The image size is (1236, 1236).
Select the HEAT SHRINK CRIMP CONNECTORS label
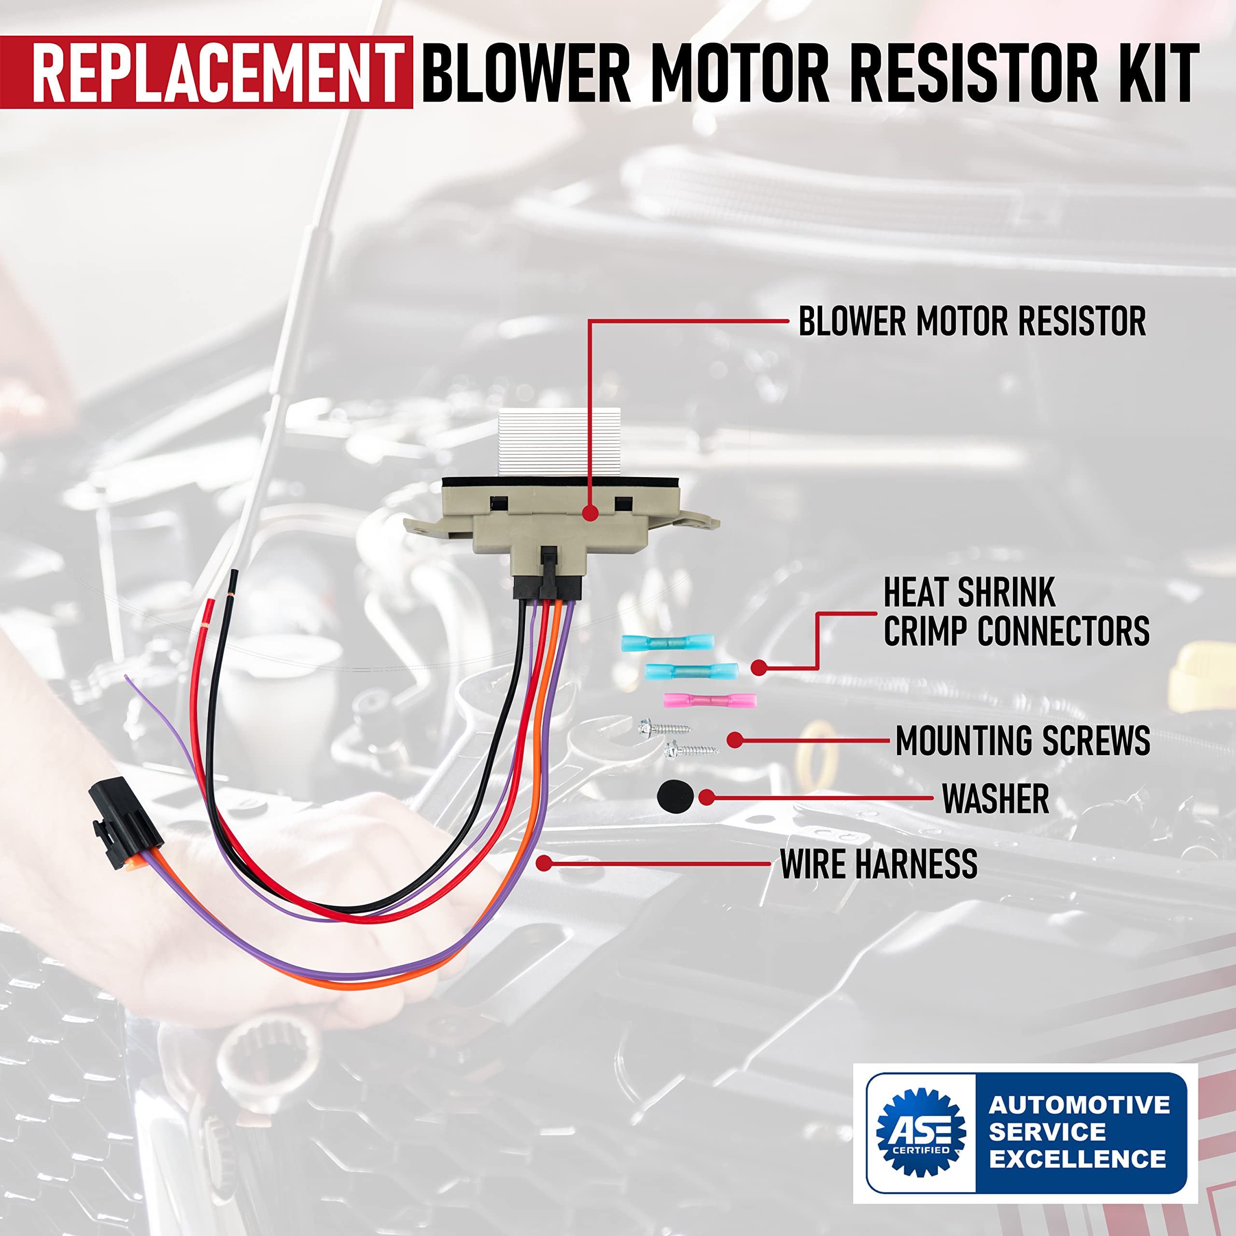pos(1015,612)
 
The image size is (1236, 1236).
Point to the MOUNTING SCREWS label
pos(1022,741)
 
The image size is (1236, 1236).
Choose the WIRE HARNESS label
pos(878,864)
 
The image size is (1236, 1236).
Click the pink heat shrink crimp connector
pos(709,701)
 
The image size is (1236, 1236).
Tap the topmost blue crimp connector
pos(667,642)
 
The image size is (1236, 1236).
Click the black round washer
pos(674,797)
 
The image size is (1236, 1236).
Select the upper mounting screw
pos(663,728)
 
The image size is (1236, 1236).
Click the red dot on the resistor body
pos(590,512)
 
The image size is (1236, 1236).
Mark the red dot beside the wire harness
pos(544,863)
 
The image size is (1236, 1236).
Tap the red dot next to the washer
pos(706,797)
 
